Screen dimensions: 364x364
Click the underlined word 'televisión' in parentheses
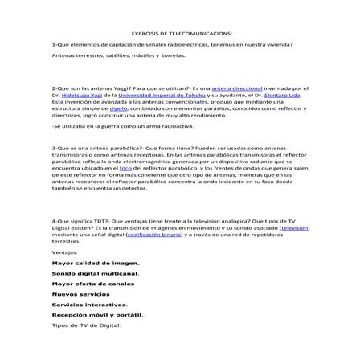(x=292, y=228)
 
